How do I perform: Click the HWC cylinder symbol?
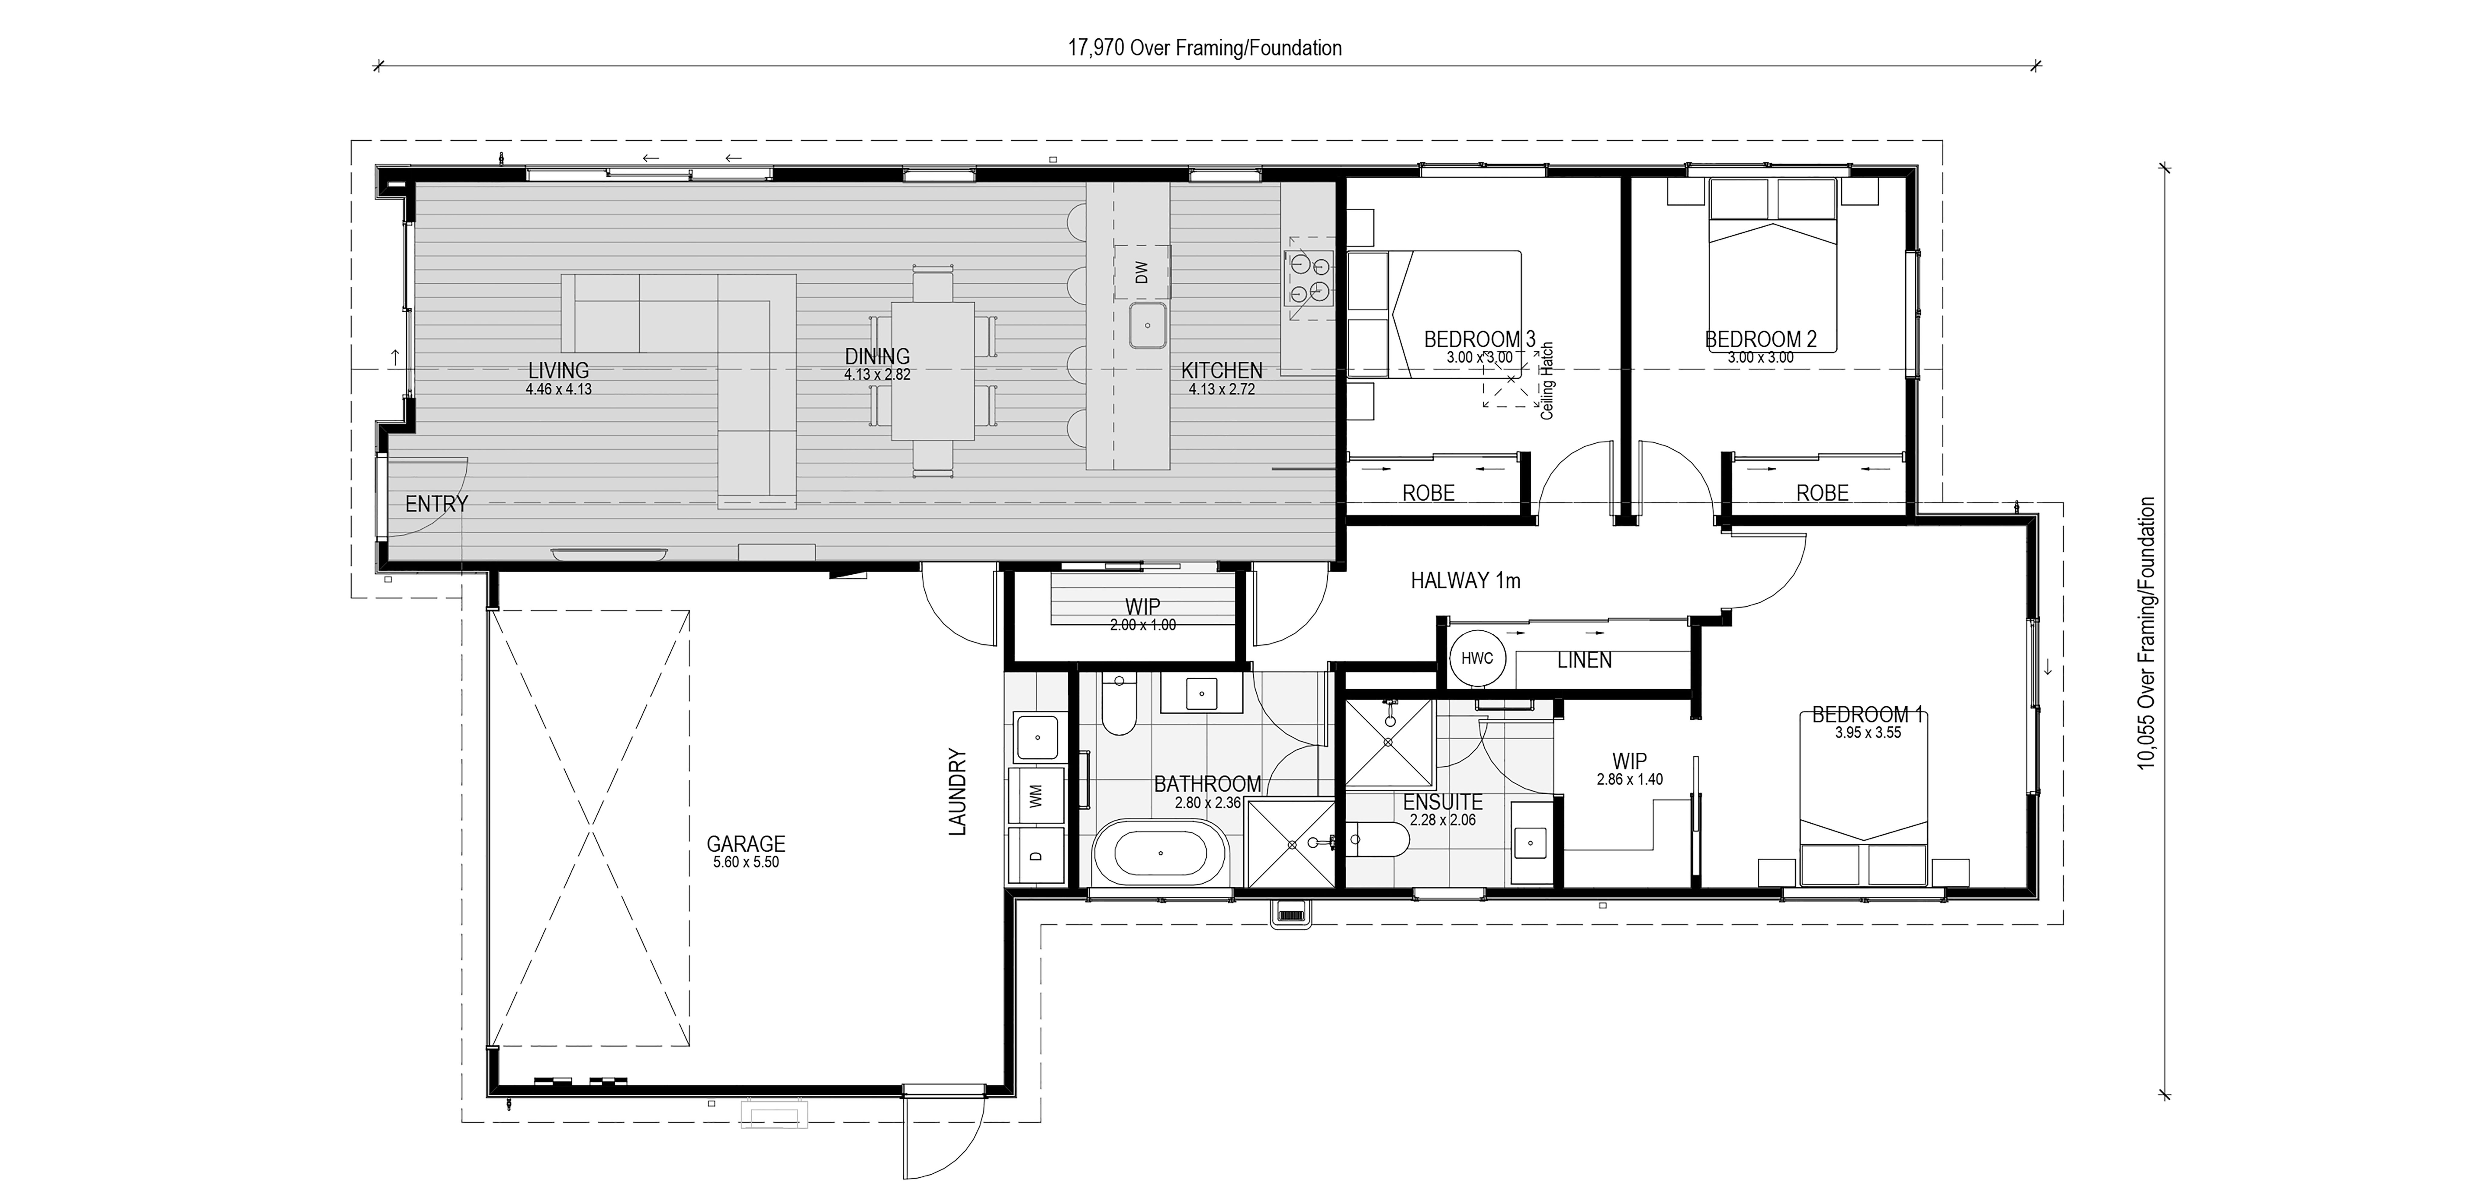[1477, 658]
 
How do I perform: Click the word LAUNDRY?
[958, 792]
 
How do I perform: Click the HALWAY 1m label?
[1466, 580]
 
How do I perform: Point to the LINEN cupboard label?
[1585, 660]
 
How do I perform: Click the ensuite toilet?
[1376, 839]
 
